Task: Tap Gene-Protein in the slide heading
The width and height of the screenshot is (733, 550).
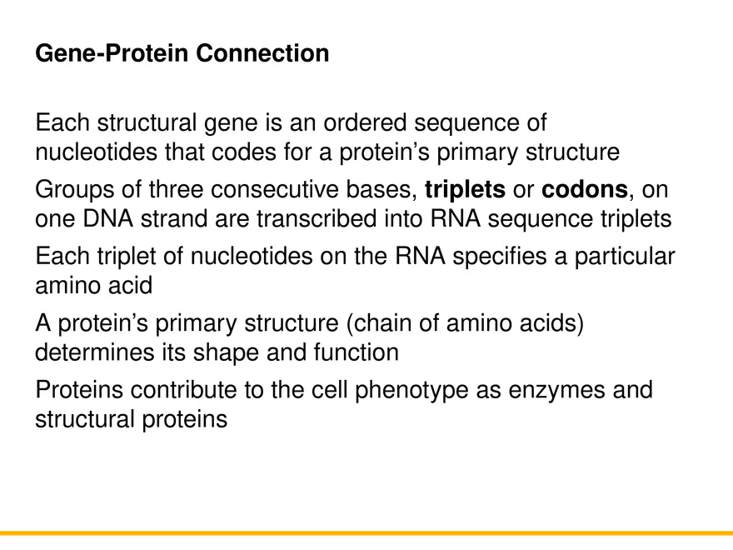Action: tap(113, 54)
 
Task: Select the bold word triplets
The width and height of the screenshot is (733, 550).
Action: tap(464, 190)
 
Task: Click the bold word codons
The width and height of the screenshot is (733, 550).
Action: tap(584, 190)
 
